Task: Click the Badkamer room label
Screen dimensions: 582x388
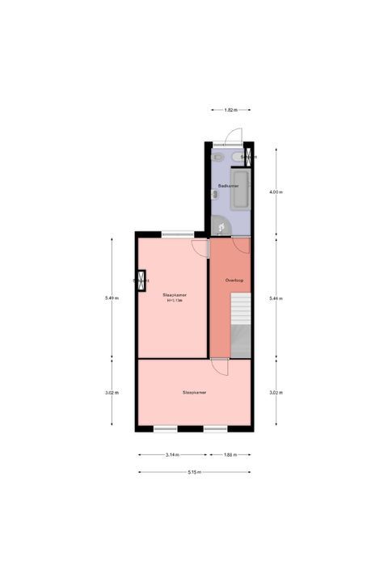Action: [x=228, y=186]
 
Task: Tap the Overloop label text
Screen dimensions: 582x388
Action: [x=235, y=280]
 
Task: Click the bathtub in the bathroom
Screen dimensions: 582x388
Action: [x=241, y=191]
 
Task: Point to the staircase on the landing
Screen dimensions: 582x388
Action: [x=241, y=323]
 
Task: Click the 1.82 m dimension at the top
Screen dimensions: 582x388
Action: [x=230, y=108]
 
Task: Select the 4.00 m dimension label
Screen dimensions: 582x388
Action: [x=276, y=192]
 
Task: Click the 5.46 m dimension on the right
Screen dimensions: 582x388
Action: [x=276, y=298]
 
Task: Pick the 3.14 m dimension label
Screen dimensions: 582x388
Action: [x=172, y=455]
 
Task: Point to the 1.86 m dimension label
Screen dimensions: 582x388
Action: [x=230, y=455]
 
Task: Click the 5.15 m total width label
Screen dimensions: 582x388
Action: [x=194, y=472]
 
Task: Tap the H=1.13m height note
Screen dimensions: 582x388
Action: [x=175, y=301]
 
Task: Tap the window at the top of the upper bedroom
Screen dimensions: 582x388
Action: [x=172, y=234]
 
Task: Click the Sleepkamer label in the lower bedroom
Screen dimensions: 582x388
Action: [x=194, y=392]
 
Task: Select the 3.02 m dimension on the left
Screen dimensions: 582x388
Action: [x=112, y=393]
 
